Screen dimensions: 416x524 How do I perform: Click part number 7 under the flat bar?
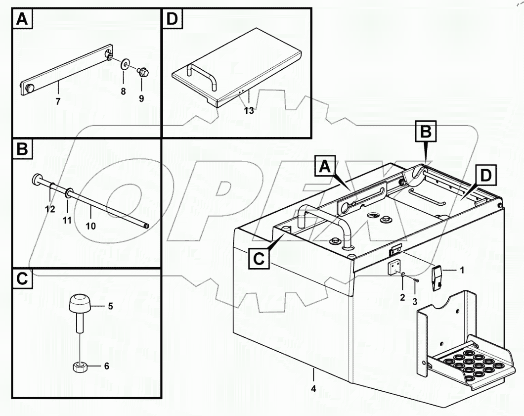pyautogui.click(x=58, y=101)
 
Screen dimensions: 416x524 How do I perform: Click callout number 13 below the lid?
pyautogui.click(x=249, y=111)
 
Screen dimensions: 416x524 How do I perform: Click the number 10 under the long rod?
pyautogui.click(x=91, y=226)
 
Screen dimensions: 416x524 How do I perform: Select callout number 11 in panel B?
pyautogui.click(x=67, y=220)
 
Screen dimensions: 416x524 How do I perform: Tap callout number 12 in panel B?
pyautogui.click(x=49, y=209)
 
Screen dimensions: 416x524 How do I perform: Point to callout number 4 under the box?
pyautogui.click(x=313, y=388)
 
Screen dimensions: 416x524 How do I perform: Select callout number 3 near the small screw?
pyautogui.click(x=415, y=301)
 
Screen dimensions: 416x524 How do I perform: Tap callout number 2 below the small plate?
pyautogui.click(x=402, y=297)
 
